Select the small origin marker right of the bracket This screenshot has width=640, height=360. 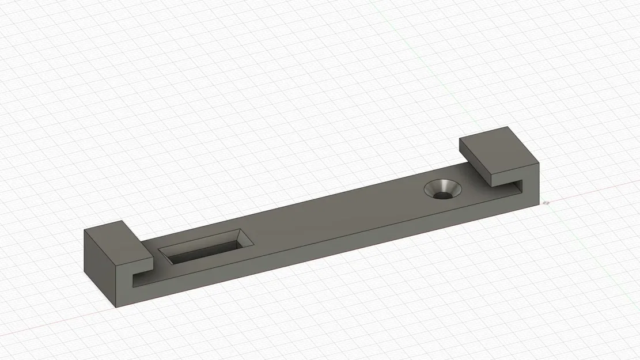546,202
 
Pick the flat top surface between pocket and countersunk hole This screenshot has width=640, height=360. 334,213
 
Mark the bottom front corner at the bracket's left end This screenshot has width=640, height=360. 115,307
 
